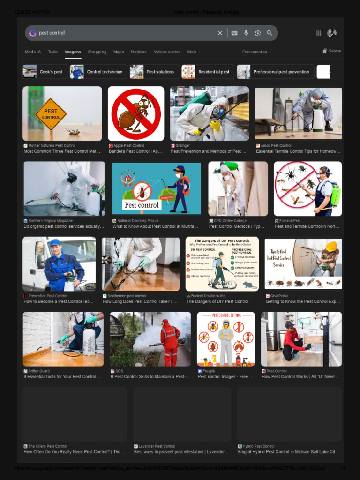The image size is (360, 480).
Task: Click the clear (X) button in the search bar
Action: tap(220, 33)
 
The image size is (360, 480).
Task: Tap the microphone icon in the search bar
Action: tap(246, 33)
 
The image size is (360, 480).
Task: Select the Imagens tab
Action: tap(73, 52)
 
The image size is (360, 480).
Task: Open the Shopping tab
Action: tap(97, 52)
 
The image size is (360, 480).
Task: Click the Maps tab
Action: tap(119, 52)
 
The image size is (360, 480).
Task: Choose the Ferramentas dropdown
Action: tap(256, 52)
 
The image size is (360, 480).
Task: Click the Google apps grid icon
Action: tap(319, 33)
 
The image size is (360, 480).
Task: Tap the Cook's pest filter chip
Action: tap(45, 72)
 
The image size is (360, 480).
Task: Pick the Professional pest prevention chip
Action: tap(275, 72)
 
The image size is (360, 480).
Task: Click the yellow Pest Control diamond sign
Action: tap(51, 114)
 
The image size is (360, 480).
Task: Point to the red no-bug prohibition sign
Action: tap(136, 114)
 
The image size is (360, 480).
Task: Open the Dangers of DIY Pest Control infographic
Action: tap(222, 264)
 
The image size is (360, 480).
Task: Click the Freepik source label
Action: tap(209, 371)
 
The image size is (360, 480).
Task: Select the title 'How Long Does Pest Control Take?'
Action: tap(139, 302)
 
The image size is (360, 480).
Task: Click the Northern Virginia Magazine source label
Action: tap(50, 221)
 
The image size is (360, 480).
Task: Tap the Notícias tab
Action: tap(139, 52)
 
